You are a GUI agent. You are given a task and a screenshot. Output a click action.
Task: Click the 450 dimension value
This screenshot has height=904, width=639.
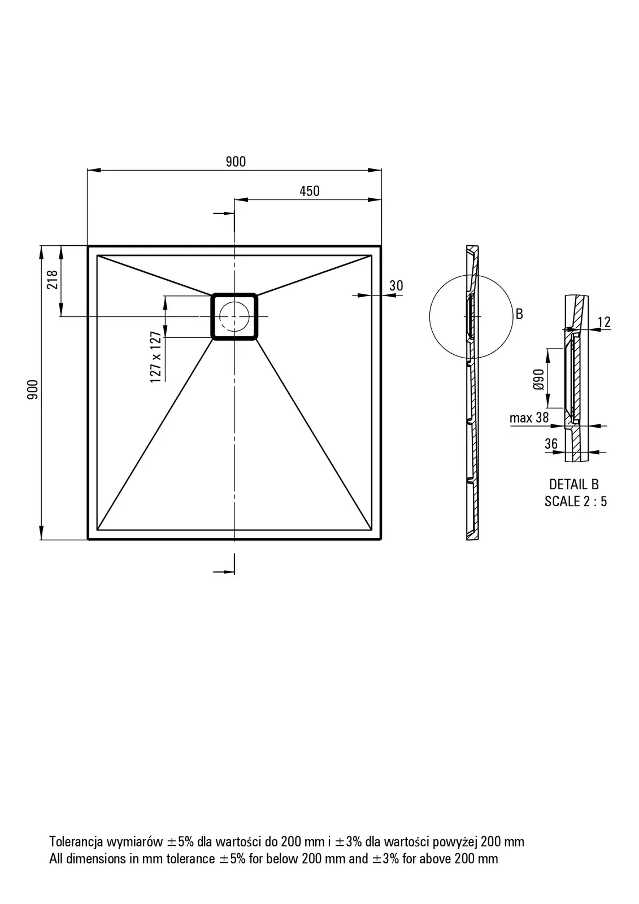(310, 191)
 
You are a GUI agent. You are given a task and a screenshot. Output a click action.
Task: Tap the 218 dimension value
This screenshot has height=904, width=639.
(53, 279)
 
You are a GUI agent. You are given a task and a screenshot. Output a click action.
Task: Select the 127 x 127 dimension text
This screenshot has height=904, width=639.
(156, 357)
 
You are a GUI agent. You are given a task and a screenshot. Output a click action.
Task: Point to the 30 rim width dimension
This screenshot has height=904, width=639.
(396, 286)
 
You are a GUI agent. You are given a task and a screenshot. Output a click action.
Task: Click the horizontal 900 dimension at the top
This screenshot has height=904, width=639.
(236, 162)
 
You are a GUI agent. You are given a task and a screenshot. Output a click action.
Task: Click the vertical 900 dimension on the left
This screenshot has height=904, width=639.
(33, 389)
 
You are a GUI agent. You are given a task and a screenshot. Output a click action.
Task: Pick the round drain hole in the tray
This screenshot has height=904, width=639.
(234, 316)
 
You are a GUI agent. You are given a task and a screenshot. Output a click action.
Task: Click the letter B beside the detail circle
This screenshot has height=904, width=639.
(520, 314)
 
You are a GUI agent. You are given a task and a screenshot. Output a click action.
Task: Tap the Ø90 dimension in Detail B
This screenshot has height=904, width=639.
(538, 379)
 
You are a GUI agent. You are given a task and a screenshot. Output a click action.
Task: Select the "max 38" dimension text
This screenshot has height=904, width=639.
(529, 418)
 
